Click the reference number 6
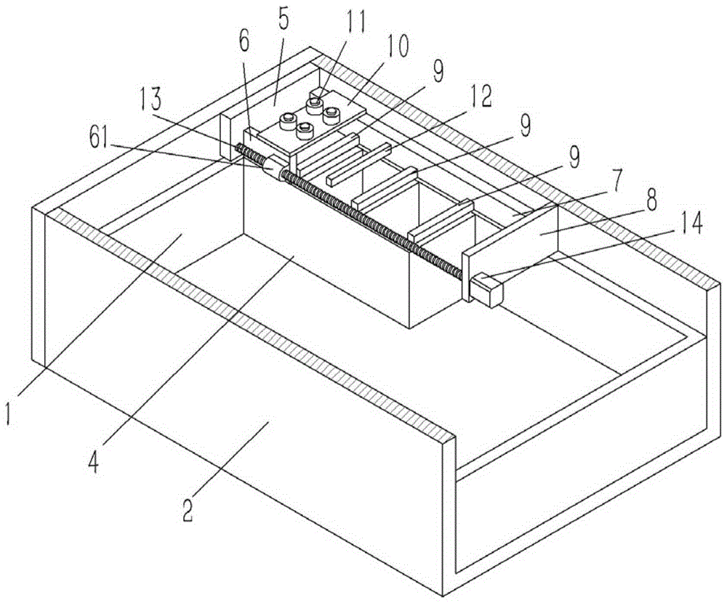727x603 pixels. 244,41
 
